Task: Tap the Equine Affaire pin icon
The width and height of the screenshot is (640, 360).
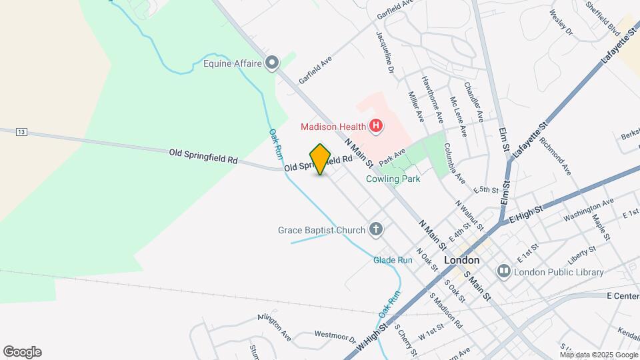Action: tap(271, 63)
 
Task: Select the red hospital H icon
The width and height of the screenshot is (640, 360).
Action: tap(376, 125)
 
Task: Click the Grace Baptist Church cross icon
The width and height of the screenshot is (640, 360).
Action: tap(376, 230)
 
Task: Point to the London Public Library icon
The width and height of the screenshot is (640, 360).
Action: tap(503, 271)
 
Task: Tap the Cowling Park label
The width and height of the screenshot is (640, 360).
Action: tap(393, 179)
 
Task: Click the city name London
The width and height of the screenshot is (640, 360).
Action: tap(461, 260)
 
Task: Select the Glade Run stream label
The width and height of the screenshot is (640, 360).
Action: tap(393, 260)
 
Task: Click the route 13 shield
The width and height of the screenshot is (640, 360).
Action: tap(22, 132)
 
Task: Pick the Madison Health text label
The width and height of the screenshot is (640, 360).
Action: tap(333, 126)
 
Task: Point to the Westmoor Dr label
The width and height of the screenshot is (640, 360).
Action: tap(336, 334)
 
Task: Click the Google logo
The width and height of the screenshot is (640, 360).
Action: tap(22, 352)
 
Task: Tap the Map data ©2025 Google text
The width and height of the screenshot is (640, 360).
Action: tap(597, 354)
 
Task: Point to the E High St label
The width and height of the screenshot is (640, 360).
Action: tap(526, 213)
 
